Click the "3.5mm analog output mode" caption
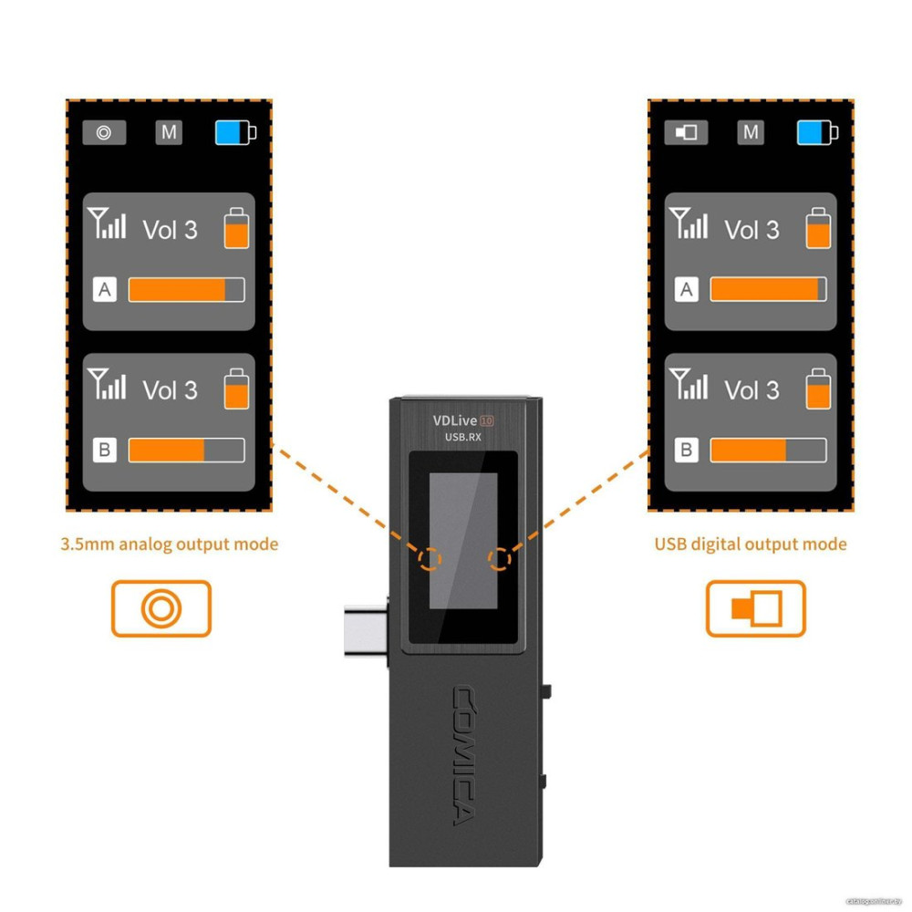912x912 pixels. click(x=169, y=544)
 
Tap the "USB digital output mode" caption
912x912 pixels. click(x=750, y=544)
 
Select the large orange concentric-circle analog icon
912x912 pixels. click(x=161, y=608)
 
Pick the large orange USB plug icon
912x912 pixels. click(x=756, y=608)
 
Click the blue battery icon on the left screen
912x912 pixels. click(x=234, y=133)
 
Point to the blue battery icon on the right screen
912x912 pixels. click(x=816, y=133)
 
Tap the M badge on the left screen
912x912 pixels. click(x=169, y=132)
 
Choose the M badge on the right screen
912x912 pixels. click(x=751, y=132)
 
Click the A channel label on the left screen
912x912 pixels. click(x=105, y=290)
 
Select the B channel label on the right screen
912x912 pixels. click(x=686, y=450)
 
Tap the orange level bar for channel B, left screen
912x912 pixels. click(x=167, y=451)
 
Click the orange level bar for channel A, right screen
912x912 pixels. click(x=764, y=290)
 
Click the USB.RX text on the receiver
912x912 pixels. click(x=462, y=438)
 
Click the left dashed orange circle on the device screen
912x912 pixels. click(x=427, y=558)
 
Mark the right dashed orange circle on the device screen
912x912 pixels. click(x=498, y=558)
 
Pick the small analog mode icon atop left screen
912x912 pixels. click(x=104, y=133)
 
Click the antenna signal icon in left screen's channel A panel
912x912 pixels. click(x=107, y=223)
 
